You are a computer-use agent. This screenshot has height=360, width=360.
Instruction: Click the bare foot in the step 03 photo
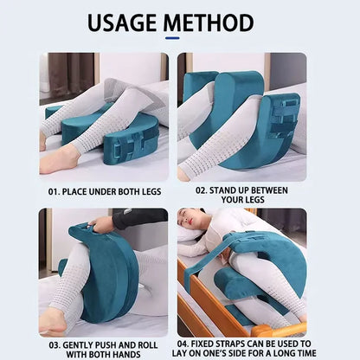(x=54, y=321)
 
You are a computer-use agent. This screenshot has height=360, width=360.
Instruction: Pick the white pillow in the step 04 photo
(x=192, y=234)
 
